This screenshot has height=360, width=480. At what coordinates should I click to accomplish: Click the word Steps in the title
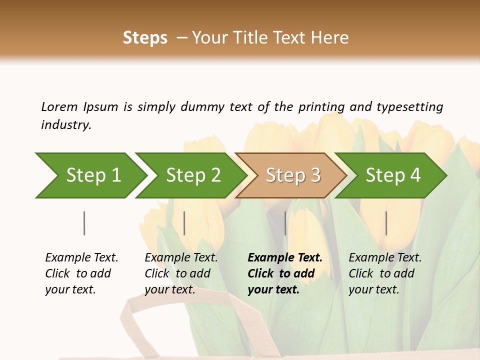pos(145,38)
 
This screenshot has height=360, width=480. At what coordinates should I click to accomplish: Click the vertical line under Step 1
pos(84,223)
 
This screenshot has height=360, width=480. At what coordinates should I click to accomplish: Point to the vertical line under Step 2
pos(184,223)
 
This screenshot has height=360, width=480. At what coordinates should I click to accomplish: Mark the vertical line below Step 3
pos(285,223)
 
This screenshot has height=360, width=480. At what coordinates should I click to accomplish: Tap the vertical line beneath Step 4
pos(386,223)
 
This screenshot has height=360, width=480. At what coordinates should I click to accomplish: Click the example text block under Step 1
pos(81,273)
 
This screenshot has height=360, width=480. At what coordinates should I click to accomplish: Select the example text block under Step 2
pos(181,273)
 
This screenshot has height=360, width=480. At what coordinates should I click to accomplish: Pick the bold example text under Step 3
pos(284,273)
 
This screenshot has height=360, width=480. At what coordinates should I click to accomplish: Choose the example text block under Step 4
pos(384,273)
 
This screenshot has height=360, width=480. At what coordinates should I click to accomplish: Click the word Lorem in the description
pos(59,107)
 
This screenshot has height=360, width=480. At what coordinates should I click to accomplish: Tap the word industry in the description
pos(65,125)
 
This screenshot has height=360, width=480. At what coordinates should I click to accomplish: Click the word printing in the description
pos(321,107)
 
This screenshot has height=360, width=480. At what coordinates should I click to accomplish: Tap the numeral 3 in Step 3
pos(315,175)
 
